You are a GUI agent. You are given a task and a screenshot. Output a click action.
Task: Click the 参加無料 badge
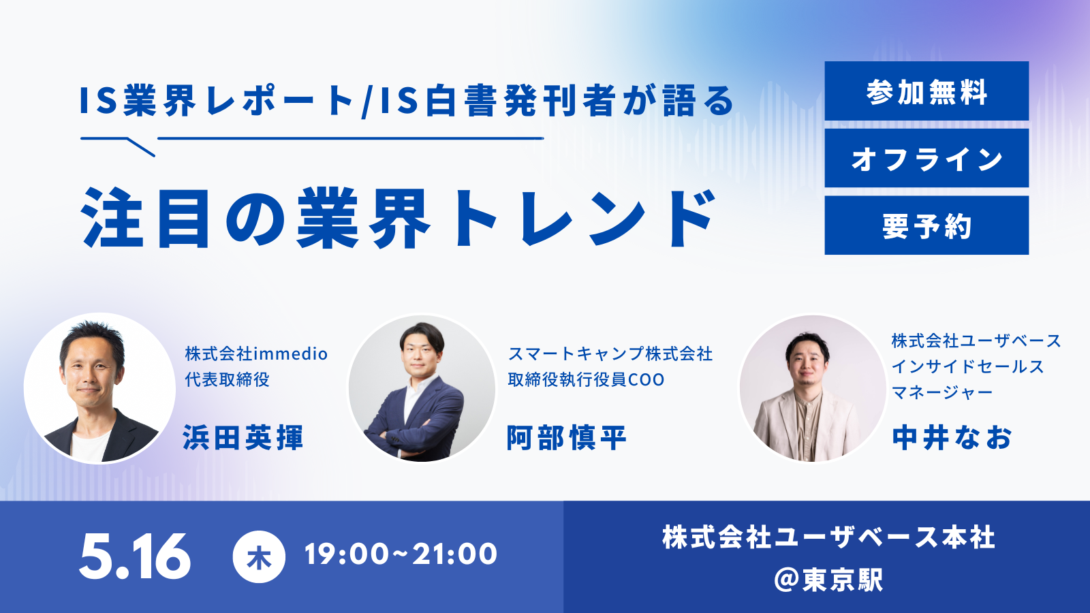click(926, 91)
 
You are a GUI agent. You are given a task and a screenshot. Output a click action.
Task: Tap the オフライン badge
click(926, 158)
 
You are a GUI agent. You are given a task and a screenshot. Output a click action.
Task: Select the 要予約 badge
click(926, 225)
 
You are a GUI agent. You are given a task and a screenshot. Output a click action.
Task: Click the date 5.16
click(135, 556)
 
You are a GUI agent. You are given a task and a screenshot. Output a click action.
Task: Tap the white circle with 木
click(259, 556)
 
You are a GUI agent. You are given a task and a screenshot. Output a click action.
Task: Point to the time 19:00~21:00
click(401, 554)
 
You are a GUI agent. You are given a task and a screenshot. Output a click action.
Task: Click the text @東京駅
click(828, 580)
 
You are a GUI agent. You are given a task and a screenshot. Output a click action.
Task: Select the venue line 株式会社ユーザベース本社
click(828, 537)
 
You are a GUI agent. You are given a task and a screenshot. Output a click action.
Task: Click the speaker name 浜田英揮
click(243, 437)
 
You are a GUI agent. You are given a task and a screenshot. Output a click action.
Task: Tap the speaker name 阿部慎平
click(566, 437)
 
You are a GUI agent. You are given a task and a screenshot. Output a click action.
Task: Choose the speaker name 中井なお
click(952, 437)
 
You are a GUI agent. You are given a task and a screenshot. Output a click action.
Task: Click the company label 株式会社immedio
click(256, 353)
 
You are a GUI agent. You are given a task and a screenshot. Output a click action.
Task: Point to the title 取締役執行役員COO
click(586, 379)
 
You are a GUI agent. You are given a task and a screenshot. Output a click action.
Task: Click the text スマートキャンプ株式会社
click(610, 353)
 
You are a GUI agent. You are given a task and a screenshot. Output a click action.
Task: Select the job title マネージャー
click(942, 392)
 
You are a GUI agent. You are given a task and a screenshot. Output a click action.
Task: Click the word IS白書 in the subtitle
click(442, 101)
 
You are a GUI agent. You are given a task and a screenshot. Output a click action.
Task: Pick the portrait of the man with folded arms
click(422, 389)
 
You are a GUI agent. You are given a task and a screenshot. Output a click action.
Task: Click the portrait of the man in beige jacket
click(813, 389)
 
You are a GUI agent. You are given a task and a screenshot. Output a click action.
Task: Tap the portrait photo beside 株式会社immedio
click(99, 389)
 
